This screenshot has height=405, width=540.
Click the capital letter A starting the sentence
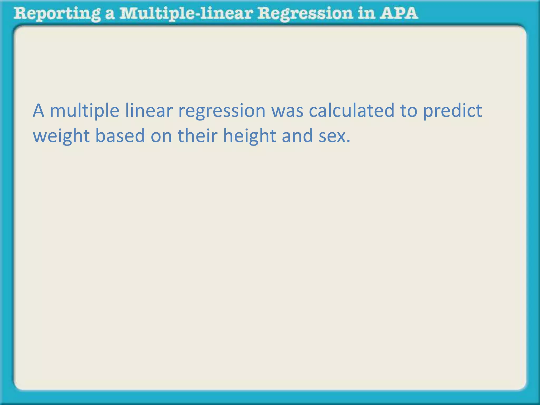point(38,111)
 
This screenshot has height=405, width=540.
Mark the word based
point(120,136)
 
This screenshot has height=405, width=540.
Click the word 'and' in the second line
point(297,136)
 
